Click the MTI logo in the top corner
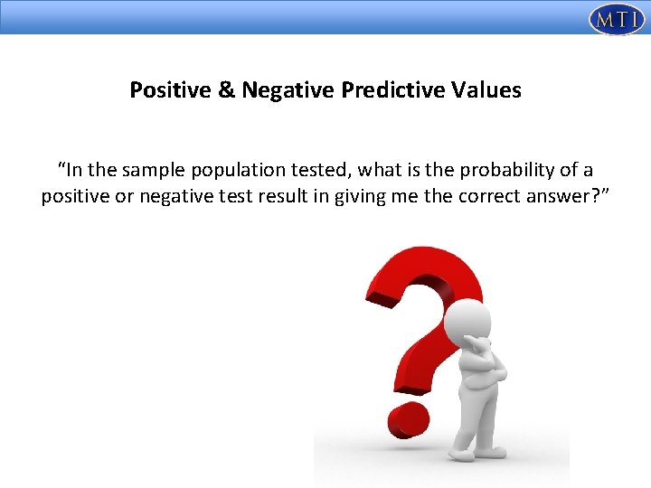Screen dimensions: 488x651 click(x=616, y=18)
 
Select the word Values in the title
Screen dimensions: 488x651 click(x=489, y=90)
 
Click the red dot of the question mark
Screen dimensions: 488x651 click(x=408, y=420)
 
